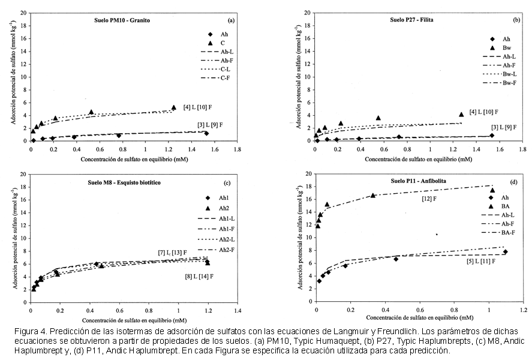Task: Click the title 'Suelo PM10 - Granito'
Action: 122,20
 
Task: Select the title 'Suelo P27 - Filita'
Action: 411,20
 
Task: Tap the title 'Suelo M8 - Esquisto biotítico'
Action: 124,182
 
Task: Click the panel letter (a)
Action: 231,20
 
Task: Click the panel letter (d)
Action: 513,182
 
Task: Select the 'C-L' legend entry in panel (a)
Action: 217,69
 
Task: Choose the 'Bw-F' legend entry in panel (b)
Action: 500,83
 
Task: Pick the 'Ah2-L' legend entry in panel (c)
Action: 216,239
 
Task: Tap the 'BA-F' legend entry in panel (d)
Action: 498,232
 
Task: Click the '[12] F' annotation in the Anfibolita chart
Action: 429,199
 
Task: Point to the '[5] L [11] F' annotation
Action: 481,261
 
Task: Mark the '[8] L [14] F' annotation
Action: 199,277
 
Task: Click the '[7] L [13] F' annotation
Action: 172,253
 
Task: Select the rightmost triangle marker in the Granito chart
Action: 174,107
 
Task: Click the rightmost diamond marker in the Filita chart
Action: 492,136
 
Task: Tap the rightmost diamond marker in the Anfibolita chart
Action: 506,252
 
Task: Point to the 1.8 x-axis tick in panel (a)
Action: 238,149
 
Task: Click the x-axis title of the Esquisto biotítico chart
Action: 134,320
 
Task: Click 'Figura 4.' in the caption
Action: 29,331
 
